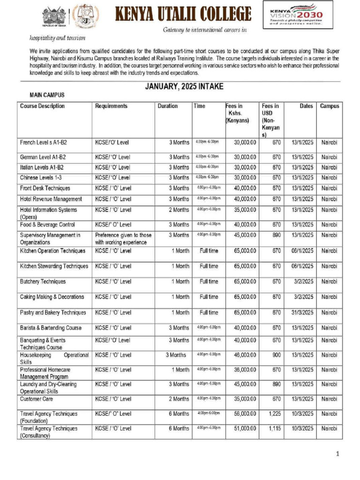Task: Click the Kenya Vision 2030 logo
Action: tap(298, 15)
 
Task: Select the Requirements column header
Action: tap(111, 106)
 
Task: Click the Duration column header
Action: tap(167, 106)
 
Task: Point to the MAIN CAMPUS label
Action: tap(47, 95)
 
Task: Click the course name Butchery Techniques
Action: tap(43, 282)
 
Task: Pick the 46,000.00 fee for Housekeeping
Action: tap(245, 355)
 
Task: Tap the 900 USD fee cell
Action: tap(276, 355)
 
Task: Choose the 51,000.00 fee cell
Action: tap(245, 428)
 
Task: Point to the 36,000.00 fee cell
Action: tap(245, 370)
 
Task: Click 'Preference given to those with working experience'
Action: tap(123, 239)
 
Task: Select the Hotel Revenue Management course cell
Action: tap(51, 199)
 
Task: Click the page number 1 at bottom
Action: tap(337, 454)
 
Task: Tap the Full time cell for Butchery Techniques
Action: tap(209, 282)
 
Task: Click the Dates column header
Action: tap(306, 106)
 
